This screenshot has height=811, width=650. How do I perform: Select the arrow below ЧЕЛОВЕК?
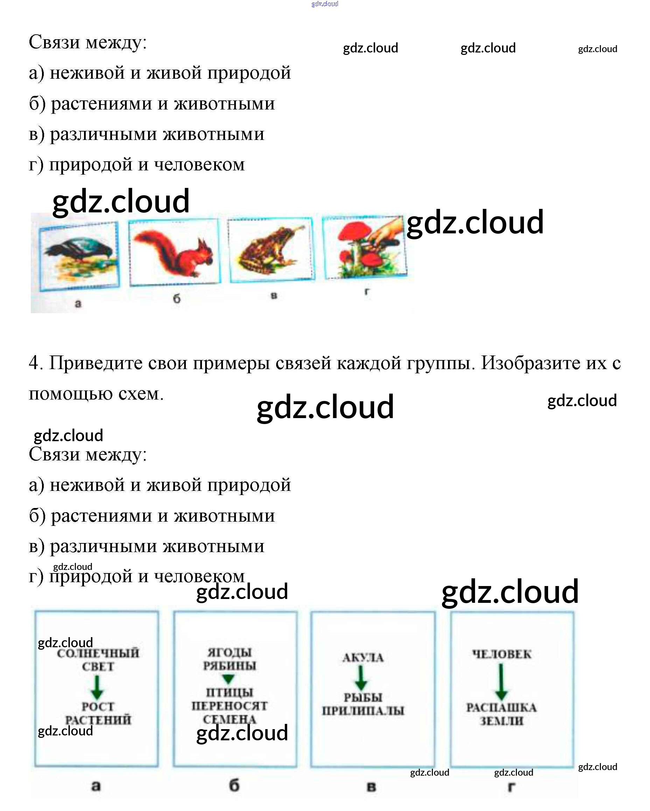pyautogui.click(x=501, y=682)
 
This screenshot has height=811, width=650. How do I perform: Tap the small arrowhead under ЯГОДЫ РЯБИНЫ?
pyautogui.click(x=229, y=679)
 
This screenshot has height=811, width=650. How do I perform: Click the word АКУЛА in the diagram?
pyautogui.click(x=363, y=657)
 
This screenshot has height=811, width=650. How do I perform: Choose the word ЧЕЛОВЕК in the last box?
pyautogui.click(x=502, y=654)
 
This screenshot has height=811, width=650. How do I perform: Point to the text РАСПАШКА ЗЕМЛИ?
pyautogui.click(x=501, y=714)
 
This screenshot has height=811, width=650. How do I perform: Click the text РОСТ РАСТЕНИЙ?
pyautogui.click(x=98, y=713)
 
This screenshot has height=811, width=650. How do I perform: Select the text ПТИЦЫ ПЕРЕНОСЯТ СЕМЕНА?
pyautogui.click(x=229, y=706)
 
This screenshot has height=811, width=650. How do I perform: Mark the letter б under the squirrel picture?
pyautogui.click(x=176, y=299)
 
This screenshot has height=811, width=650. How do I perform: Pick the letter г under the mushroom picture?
pyautogui.click(x=367, y=291)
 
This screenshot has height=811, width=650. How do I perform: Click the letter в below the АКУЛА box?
pyautogui.click(x=371, y=787)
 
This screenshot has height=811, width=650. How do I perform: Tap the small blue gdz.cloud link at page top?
pyautogui.click(x=325, y=4)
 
